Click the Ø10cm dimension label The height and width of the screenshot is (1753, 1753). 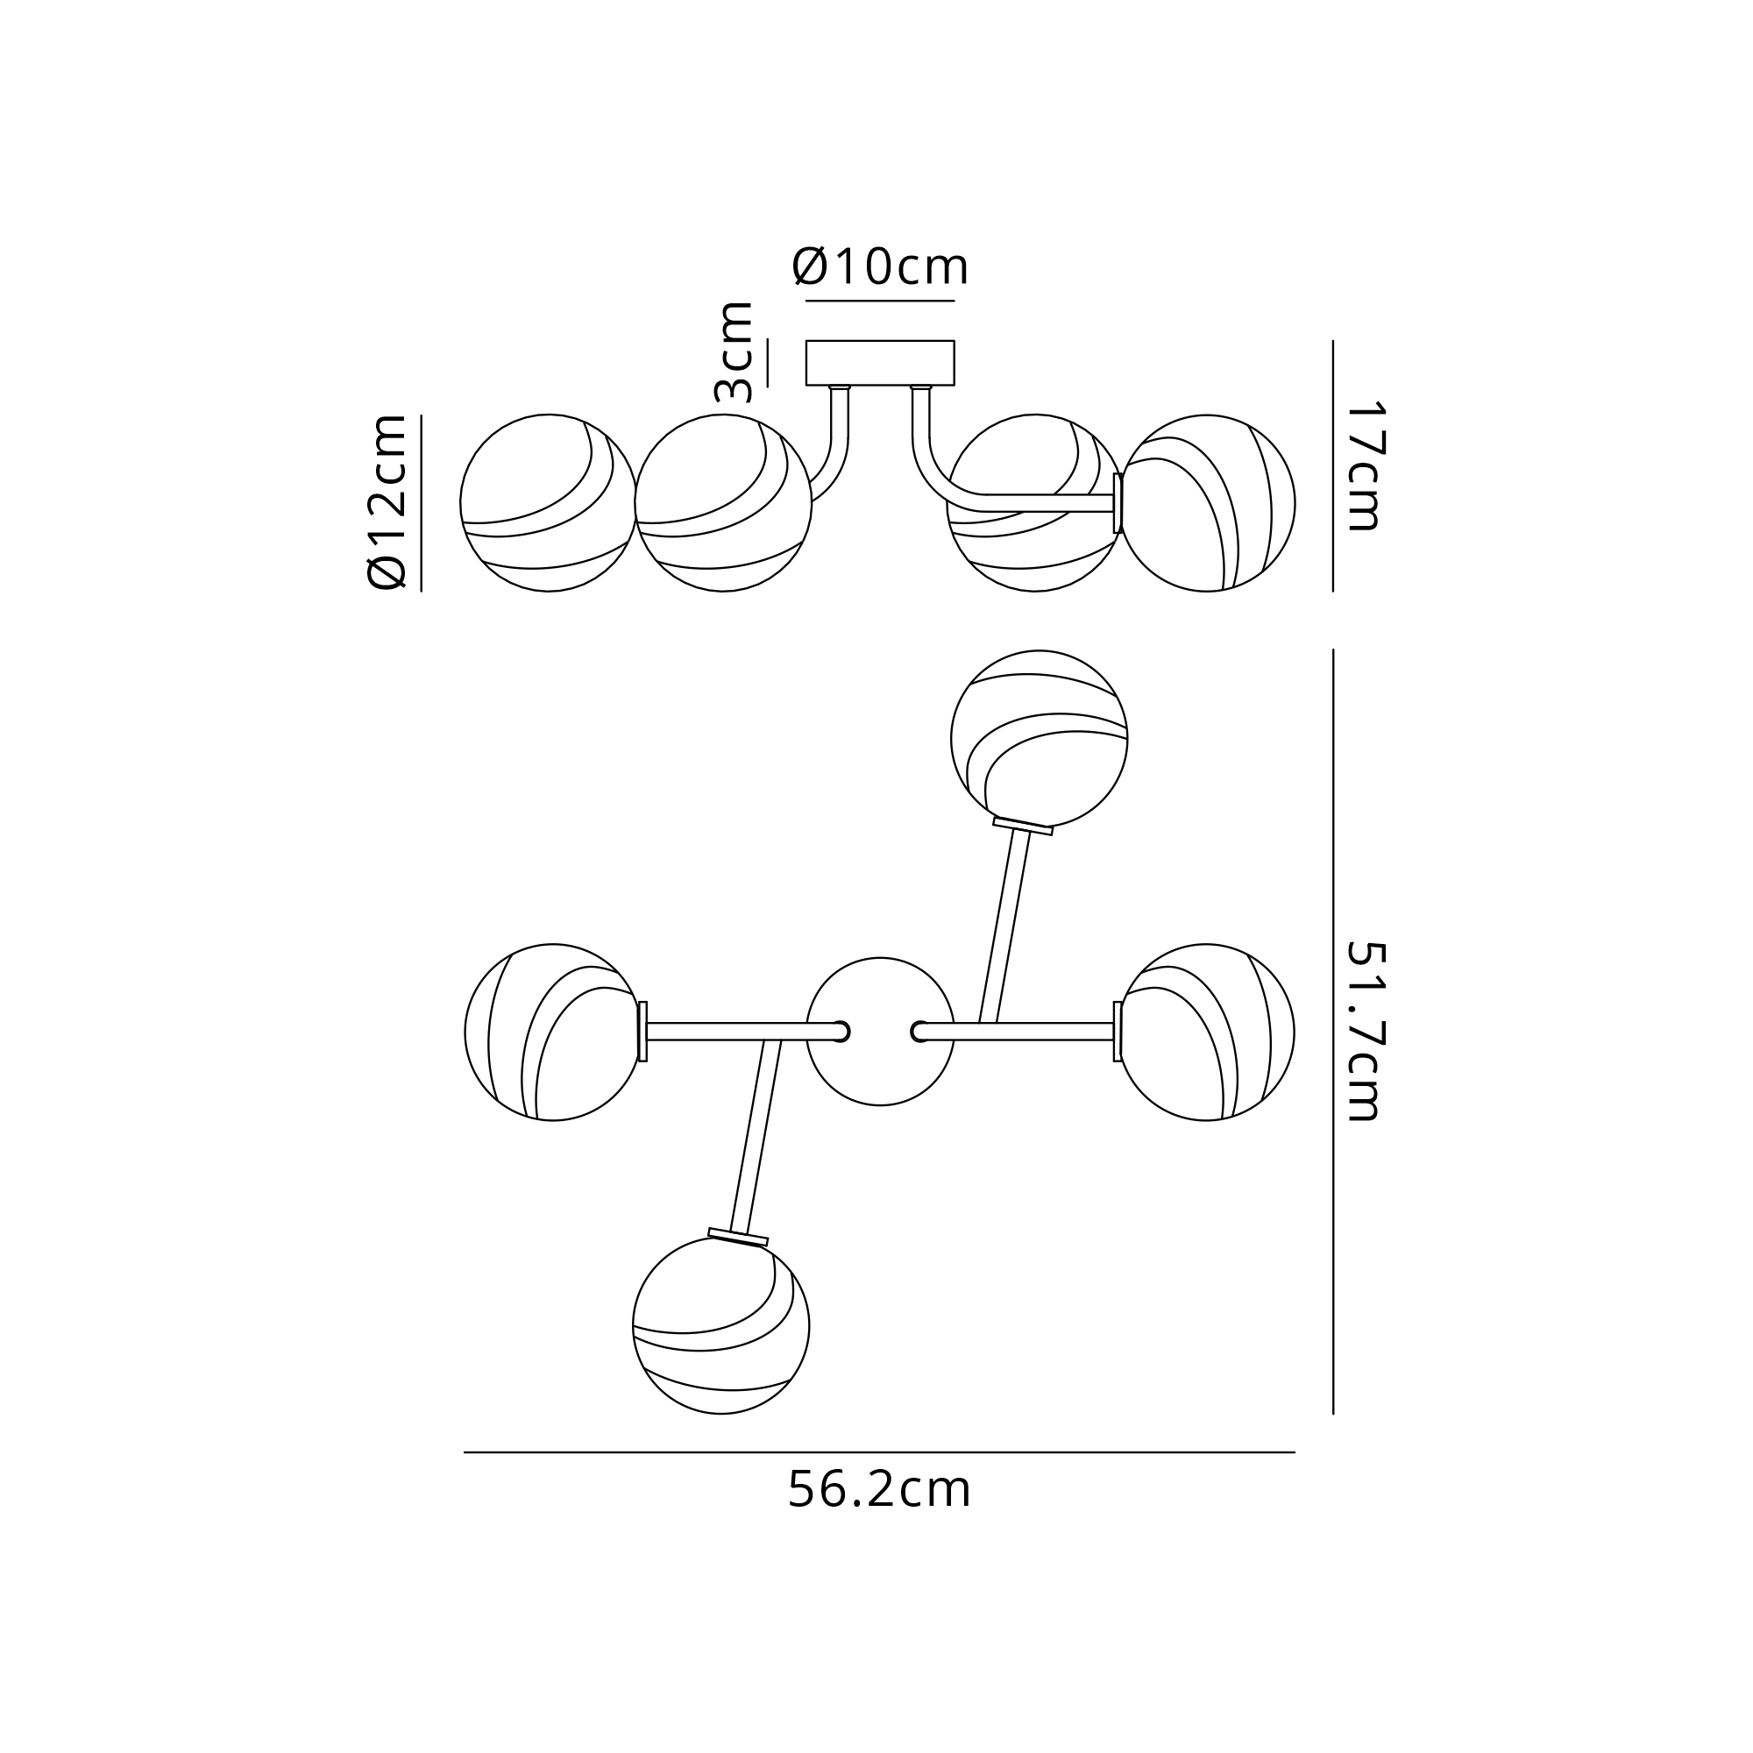(880, 266)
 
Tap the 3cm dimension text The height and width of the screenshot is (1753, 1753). (734, 352)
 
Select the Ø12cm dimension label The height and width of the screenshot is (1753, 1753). (387, 501)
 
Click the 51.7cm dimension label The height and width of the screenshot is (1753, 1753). (1362, 1031)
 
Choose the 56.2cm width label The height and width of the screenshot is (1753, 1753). (879, 1489)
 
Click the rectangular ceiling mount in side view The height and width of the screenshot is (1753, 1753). (880, 363)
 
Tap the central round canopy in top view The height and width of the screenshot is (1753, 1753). (880, 1032)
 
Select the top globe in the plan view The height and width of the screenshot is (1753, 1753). (1039, 739)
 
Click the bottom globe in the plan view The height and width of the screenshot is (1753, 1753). (720, 1325)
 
